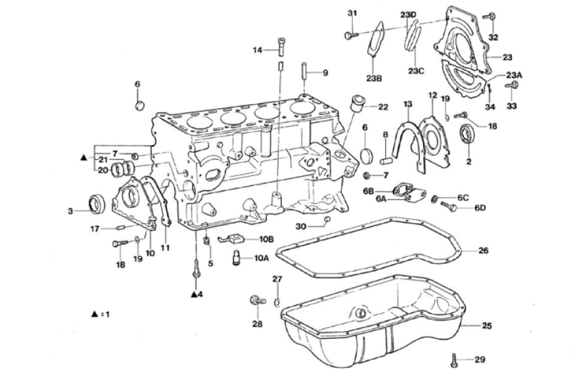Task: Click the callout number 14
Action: [x=257, y=49]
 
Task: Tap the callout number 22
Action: [x=383, y=107]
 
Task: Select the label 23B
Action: [x=374, y=79]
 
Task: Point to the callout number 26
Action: [x=483, y=251]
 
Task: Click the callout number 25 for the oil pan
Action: [x=487, y=326]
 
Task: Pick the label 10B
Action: [x=266, y=238]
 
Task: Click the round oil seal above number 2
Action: [x=468, y=136]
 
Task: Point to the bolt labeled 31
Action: [x=349, y=35]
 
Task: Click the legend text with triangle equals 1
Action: [x=101, y=314]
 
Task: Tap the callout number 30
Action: [x=301, y=226]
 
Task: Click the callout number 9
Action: [x=325, y=73]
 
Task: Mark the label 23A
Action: [x=514, y=74]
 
